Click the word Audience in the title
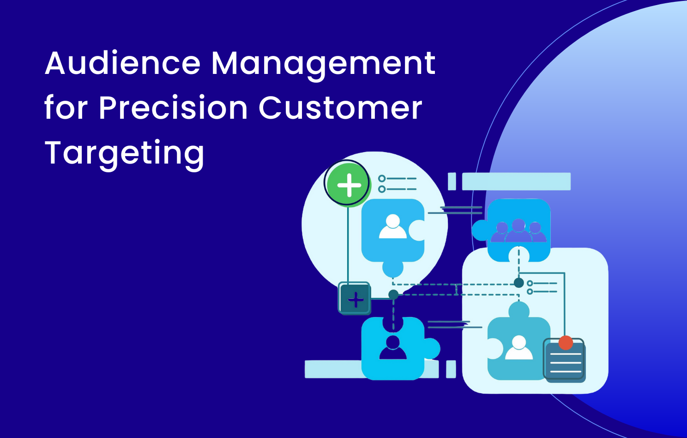coord(123,63)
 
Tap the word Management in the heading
coord(323,63)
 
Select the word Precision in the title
coord(173,108)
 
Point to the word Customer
coord(340,108)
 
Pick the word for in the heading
coord(66,108)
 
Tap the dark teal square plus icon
coord(355,299)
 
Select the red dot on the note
coord(566,343)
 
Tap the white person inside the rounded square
coord(519,349)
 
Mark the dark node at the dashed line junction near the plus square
coord(393,294)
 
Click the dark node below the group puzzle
coord(519,283)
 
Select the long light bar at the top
coord(516,182)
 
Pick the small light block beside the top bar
coord(452,182)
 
